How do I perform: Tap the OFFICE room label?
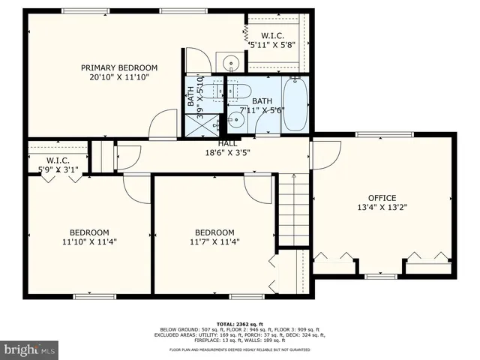(x=381, y=198)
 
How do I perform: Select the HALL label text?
(x=227, y=143)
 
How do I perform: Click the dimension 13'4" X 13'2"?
(x=381, y=208)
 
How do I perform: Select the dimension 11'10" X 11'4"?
(x=89, y=241)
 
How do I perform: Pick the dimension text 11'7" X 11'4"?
(x=214, y=241)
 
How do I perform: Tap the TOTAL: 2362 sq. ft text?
(x=239, y=322)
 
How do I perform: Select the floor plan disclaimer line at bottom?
(x=239, y=350)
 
